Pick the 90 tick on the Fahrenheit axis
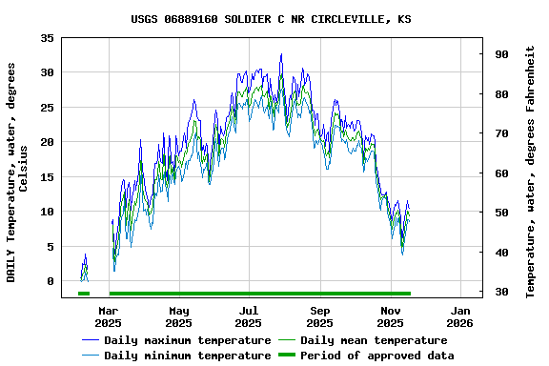500,54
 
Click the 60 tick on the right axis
500,173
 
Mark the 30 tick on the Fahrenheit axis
500,292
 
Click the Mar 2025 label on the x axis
109,316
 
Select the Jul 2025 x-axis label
249,316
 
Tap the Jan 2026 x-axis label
460,316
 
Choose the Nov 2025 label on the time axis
390,316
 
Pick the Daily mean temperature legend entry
373,340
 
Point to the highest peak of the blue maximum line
281,54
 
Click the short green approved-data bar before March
84,294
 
